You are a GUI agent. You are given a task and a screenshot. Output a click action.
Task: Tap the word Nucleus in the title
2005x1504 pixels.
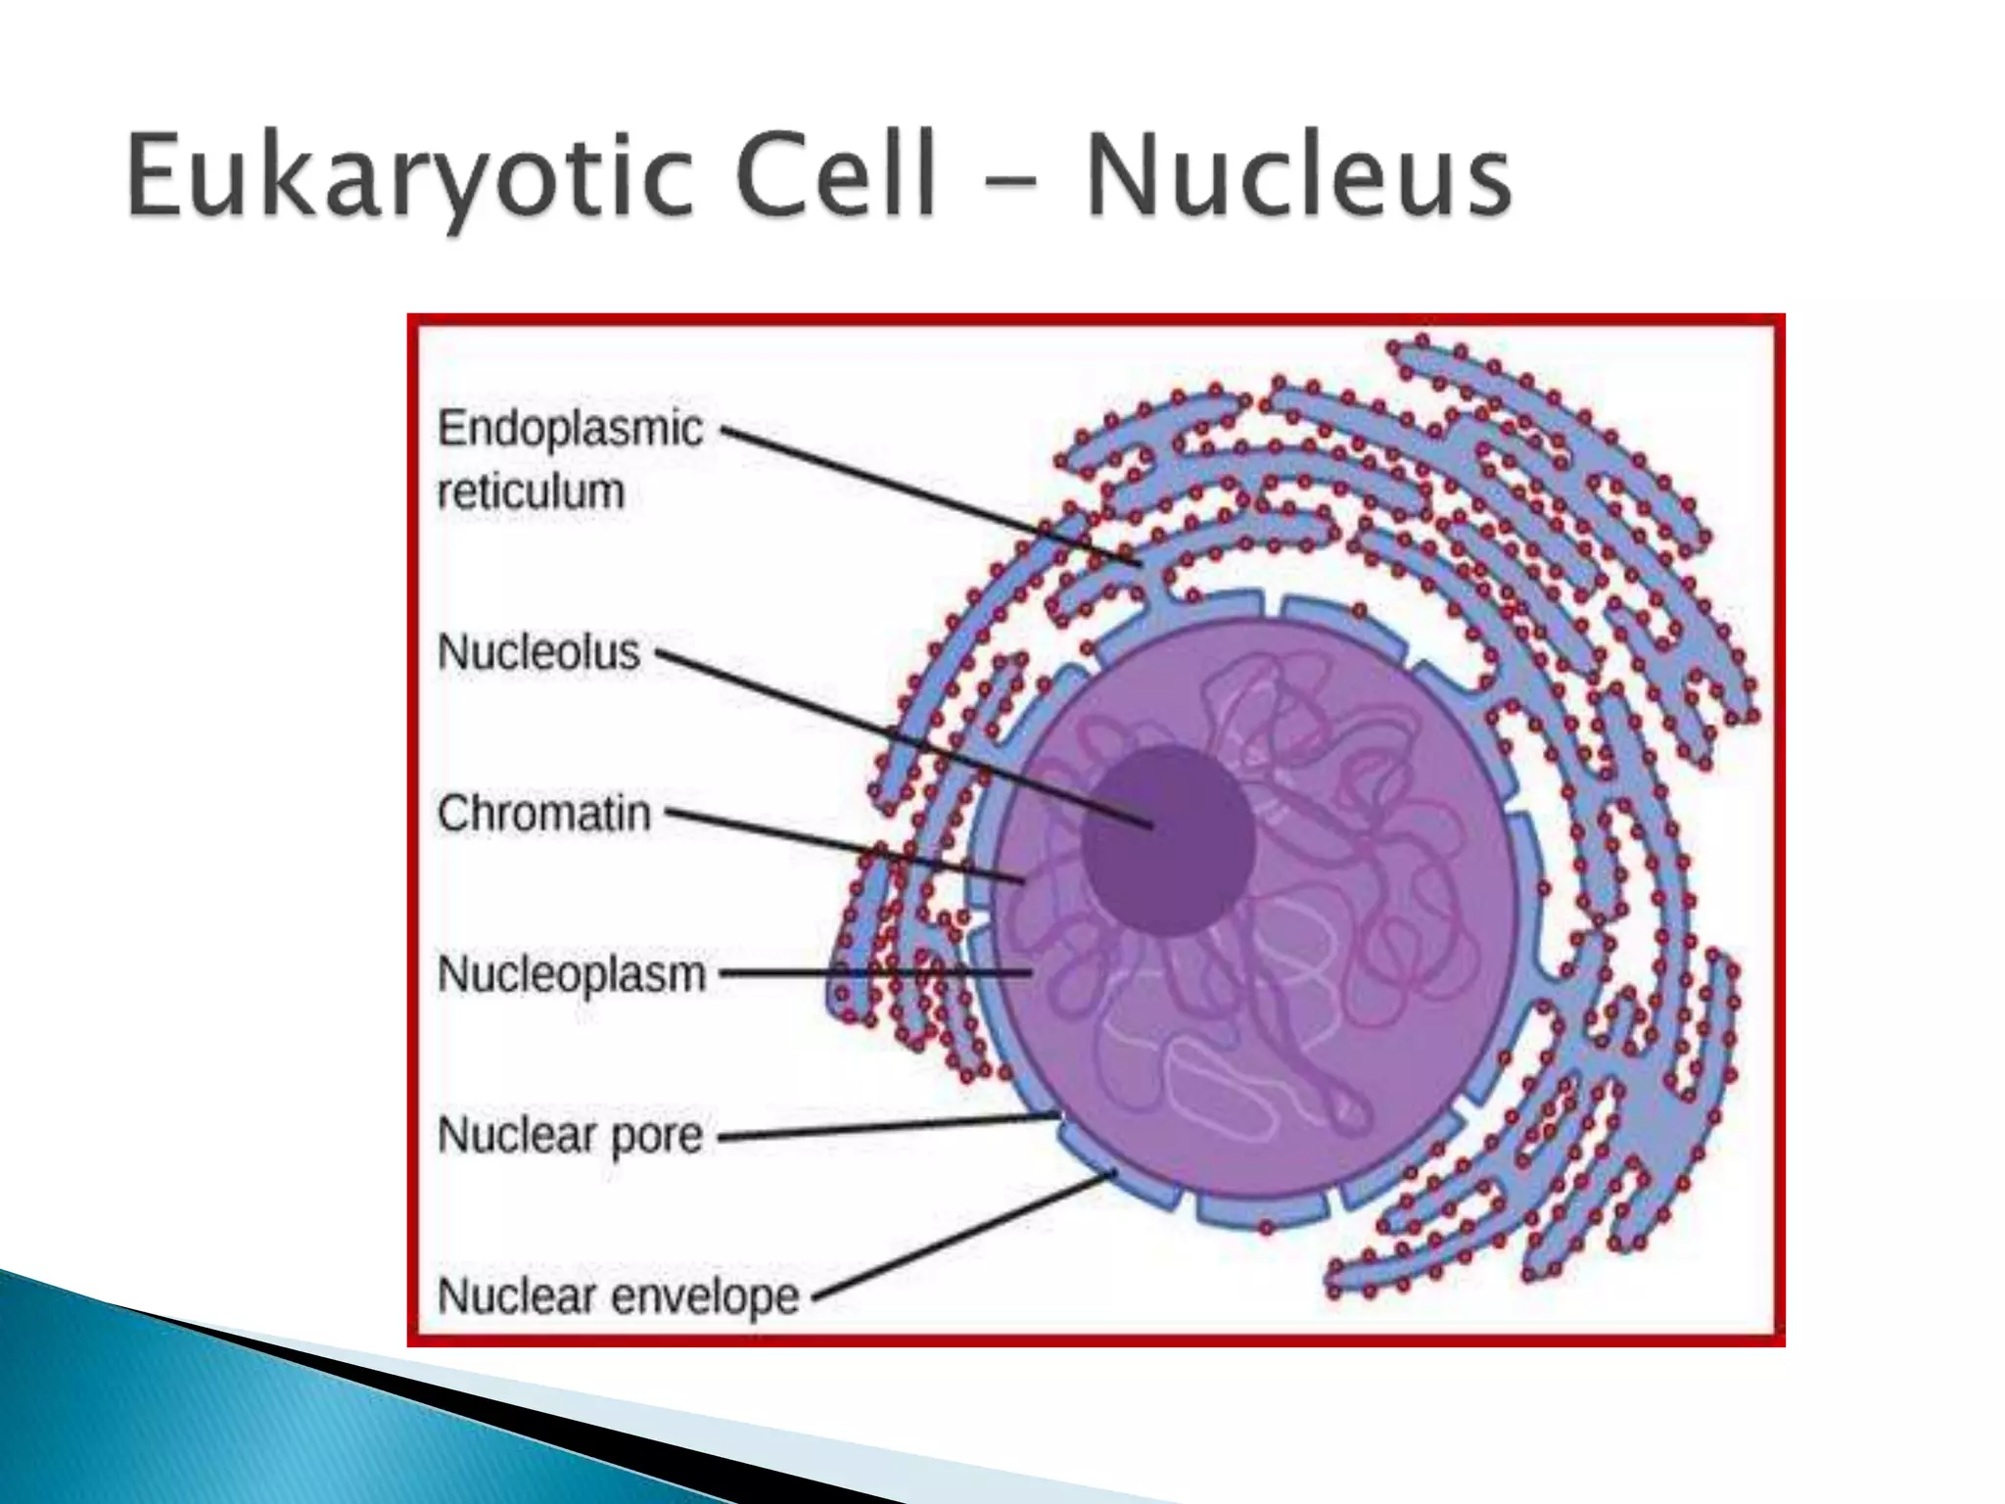[x=1297, y=178]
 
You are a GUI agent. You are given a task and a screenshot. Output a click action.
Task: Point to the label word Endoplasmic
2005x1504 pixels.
[x=570, y=429]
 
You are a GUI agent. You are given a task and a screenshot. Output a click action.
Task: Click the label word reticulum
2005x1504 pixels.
[x=530, y=491]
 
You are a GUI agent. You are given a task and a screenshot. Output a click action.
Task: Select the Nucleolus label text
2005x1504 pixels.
[x=537, y=652]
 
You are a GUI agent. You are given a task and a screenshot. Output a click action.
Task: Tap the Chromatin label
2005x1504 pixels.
[x=543, y=814]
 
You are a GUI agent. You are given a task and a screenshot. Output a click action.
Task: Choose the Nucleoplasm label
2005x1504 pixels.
[x=571, y=974]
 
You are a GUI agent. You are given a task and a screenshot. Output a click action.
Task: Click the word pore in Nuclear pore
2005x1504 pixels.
[x=656, y=1136]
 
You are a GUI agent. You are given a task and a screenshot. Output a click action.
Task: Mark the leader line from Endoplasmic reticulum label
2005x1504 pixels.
[x=930, y=495]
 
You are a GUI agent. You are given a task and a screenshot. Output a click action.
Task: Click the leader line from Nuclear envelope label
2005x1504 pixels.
[x=964, y=1236]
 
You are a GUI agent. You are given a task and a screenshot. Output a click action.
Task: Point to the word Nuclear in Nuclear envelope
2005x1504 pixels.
[x=517, y=1296]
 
